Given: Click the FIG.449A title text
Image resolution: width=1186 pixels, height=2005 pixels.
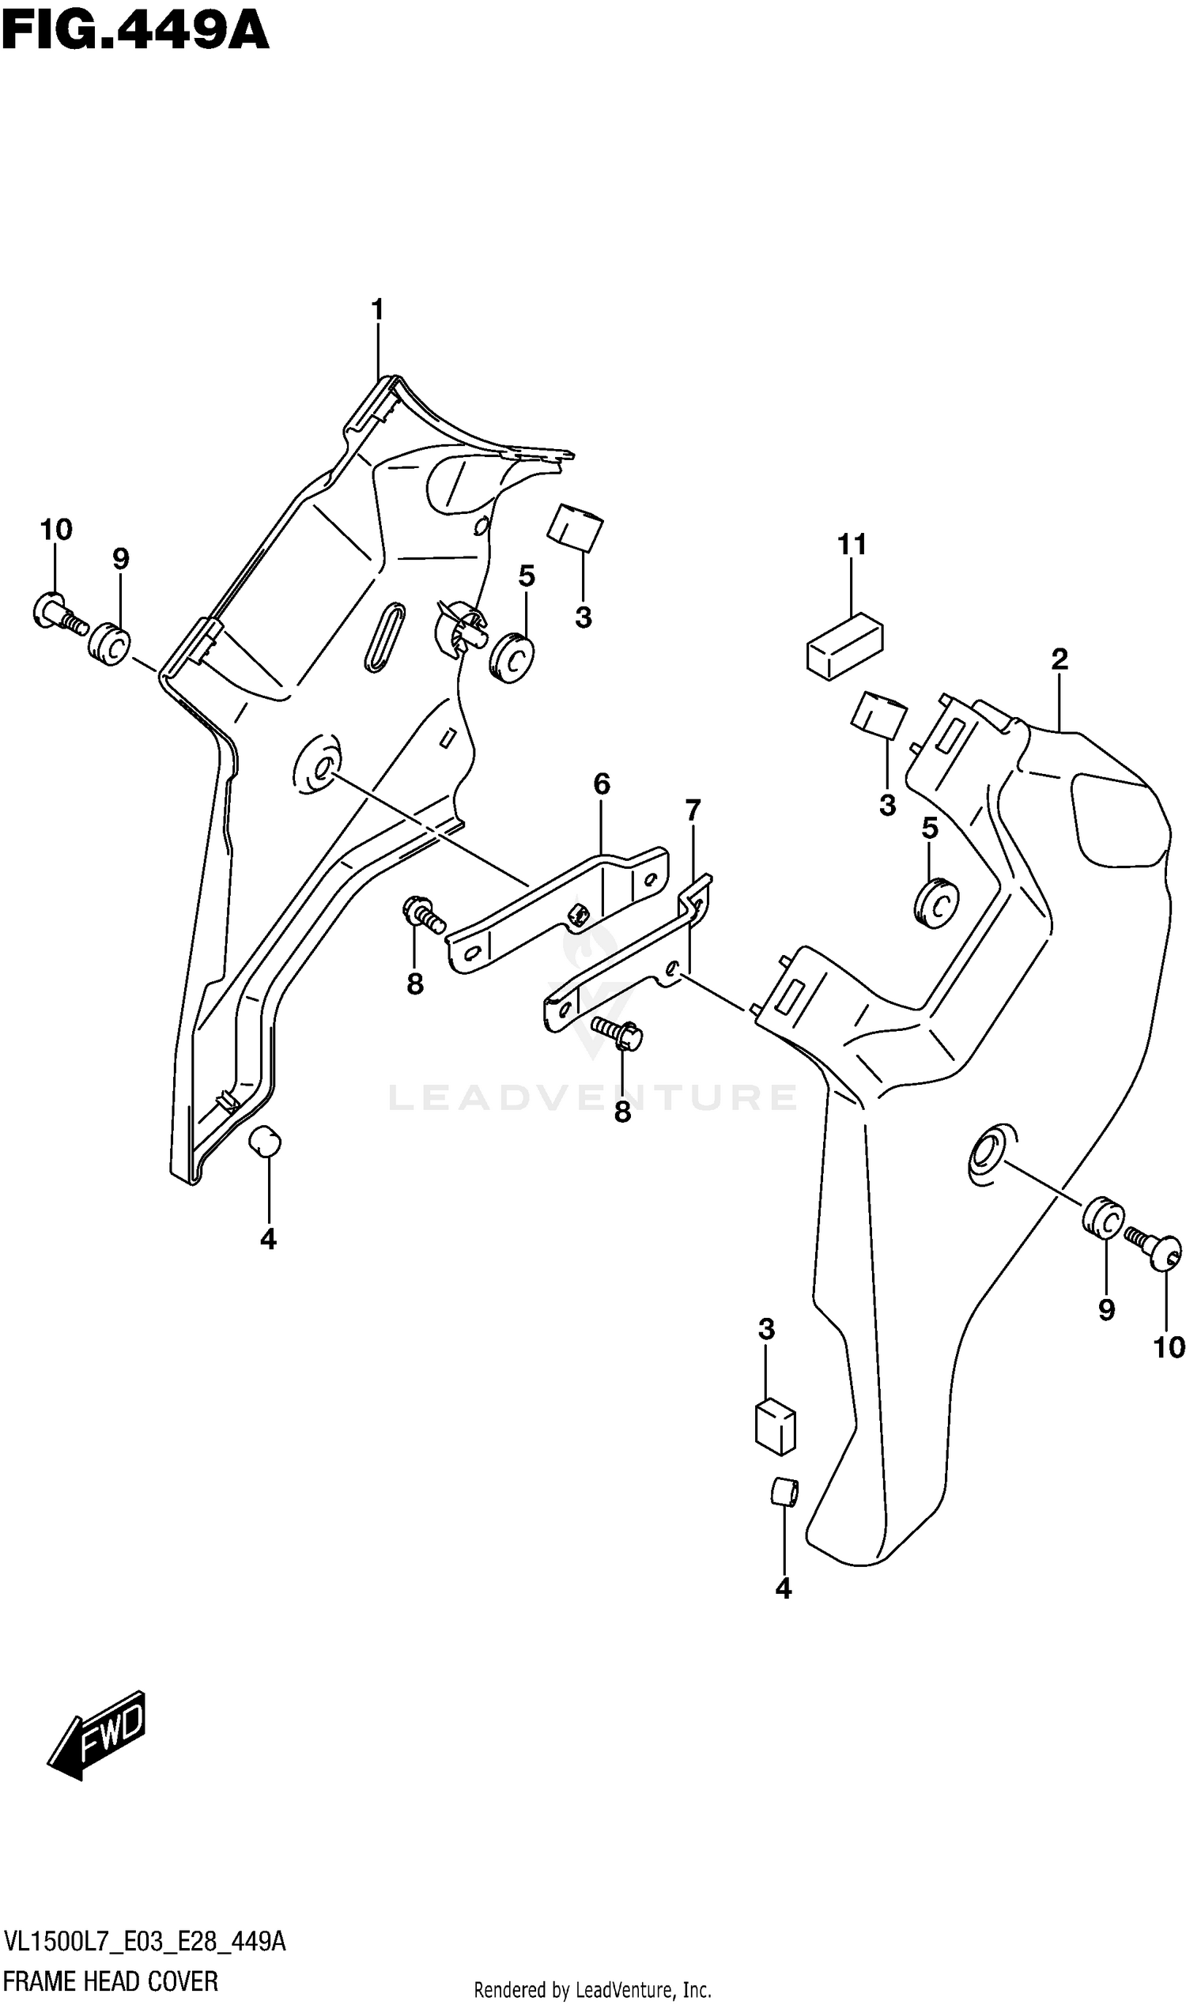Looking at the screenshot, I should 135,33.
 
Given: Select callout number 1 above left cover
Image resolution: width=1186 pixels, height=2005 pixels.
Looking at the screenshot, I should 377,309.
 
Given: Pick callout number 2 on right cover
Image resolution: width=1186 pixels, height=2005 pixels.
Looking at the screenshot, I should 1059,659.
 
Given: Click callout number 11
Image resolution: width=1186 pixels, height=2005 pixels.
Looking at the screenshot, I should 852,545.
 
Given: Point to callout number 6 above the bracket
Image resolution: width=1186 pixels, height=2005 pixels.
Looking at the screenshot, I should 602,784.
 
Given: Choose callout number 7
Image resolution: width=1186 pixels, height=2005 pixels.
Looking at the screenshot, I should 693,810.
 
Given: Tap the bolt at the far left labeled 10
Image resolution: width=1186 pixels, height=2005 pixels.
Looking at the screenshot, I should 59,614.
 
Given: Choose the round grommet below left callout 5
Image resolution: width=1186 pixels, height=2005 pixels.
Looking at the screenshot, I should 512,658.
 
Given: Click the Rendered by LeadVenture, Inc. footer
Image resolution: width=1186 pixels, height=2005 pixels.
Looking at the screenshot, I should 592,1991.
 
